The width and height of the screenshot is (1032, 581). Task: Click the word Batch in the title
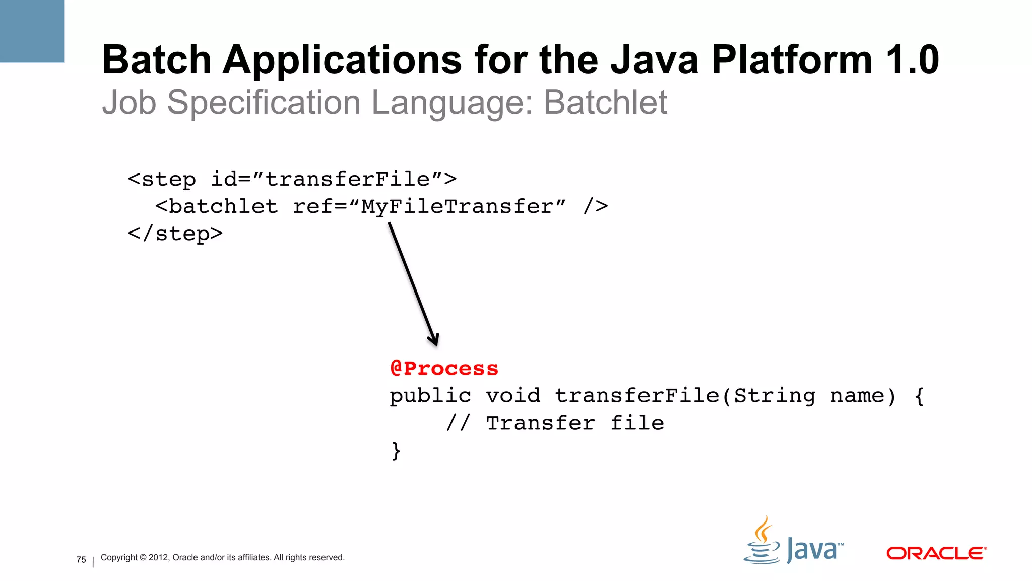coord(156,60)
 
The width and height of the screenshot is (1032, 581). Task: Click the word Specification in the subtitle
coord(263,103)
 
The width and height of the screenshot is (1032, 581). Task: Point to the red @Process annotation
coord(444,368)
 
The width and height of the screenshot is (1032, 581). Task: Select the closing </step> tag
coord(175,234)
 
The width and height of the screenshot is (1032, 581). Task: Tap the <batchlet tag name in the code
coord(217,206)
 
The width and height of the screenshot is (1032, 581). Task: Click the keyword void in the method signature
coord(512,395)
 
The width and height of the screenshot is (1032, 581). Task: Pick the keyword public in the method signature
coord(430,395)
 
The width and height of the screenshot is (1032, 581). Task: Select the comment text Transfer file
coord(574,423)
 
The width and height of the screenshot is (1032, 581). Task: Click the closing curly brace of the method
coord(396,450)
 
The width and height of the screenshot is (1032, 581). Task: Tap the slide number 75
coord(81,560)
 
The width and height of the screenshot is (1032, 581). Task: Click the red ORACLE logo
coord(936,553)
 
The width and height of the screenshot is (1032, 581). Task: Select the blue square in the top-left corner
coord(32,31)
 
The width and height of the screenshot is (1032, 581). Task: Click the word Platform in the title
coord(792,60)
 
